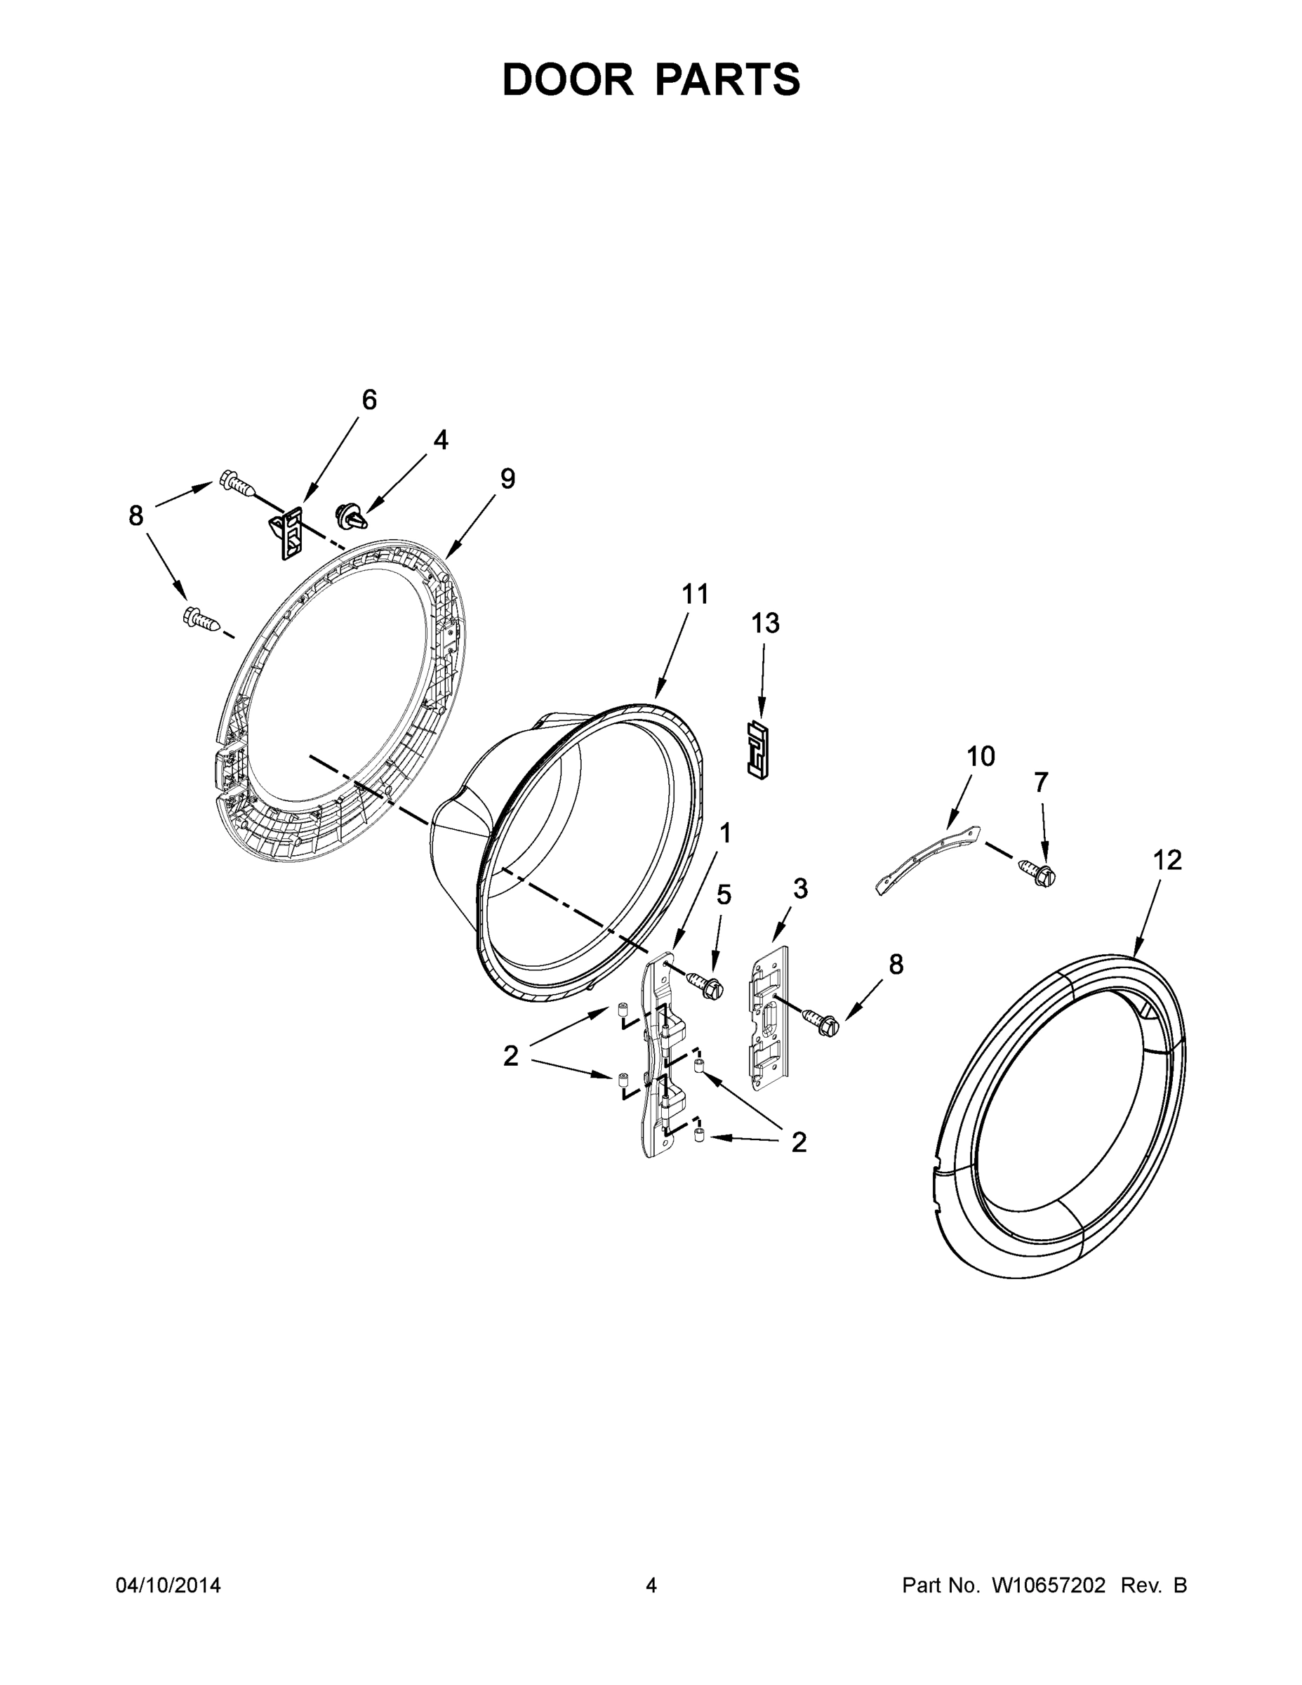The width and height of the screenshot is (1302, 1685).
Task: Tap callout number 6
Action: pos(369,399)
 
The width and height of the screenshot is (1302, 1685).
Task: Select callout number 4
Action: pos(440,440)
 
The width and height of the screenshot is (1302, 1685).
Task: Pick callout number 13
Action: pos(765,623)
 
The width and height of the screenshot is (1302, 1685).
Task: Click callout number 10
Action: pos(981,756)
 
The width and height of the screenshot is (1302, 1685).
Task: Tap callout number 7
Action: pos(1040,782)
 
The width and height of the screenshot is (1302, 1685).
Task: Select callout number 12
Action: pos(1167,859)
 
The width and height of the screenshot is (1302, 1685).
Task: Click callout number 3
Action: pos(800,889)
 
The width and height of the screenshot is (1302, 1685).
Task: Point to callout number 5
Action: pos(724,895)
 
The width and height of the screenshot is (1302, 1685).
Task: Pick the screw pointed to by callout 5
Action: pos(703,985)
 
